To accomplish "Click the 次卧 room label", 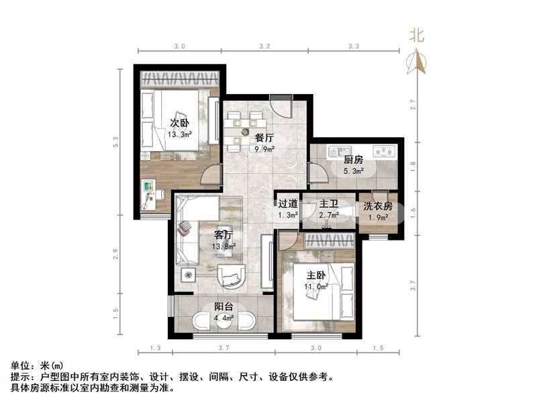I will tap(177, 123).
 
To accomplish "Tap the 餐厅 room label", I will tap(264, 138).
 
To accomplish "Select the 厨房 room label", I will tap(353, 161).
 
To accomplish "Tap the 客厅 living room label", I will tap(223, 235).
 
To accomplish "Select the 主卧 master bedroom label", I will tap(317, 275).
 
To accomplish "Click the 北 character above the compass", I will tap(418, 36).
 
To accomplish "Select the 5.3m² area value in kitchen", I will tap(353, 171).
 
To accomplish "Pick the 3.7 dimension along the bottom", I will tap(224, 348).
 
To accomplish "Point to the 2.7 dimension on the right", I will tap(413, 105).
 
